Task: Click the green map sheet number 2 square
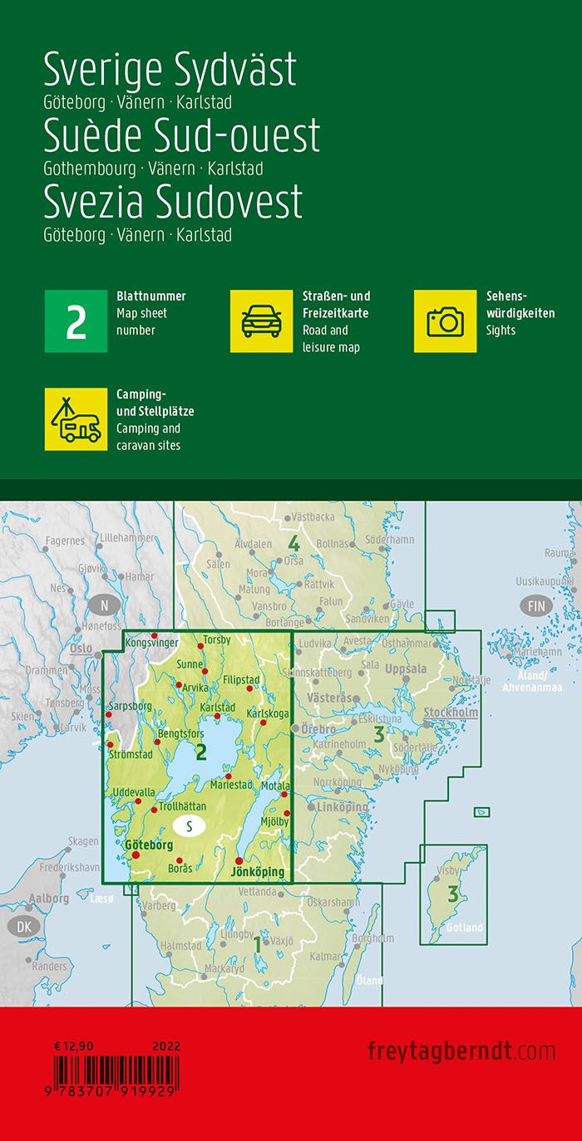76,321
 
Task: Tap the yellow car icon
261,321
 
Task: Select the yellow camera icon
445,321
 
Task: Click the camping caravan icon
76,419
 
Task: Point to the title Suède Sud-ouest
181,135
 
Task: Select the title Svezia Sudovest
173,201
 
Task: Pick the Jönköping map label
257,872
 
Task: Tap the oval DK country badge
22,926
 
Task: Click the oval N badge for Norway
104,605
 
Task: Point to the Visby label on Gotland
448,871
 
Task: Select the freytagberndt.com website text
461,1050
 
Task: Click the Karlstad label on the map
217,708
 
